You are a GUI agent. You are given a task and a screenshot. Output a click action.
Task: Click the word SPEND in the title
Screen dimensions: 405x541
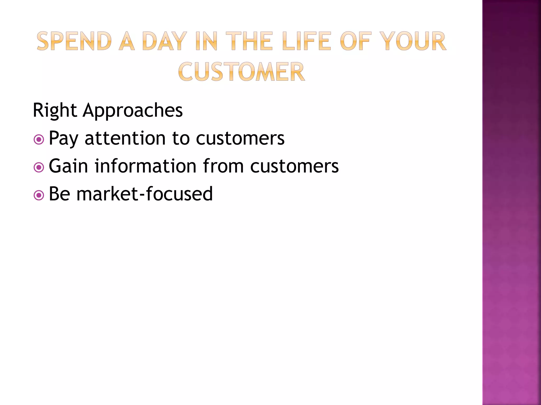(74, 41)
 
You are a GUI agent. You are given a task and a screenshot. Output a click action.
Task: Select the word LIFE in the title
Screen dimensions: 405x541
(306, 41)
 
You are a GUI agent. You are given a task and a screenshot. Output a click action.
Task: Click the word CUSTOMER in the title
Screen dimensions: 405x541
(241, 72)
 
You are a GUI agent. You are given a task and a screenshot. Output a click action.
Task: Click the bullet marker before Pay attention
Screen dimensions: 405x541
(39, 139)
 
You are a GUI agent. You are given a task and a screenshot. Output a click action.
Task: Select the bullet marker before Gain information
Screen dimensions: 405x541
(39, 167)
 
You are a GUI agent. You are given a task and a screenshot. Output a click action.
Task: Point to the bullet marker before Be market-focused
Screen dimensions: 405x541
(39, 195)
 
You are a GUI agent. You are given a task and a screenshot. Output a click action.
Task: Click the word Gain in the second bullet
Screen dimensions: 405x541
(68, 166)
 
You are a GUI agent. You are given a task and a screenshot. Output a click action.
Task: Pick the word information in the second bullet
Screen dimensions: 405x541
(146, 166)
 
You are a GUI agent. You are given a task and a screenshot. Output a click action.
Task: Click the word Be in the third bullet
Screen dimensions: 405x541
(59, 194)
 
